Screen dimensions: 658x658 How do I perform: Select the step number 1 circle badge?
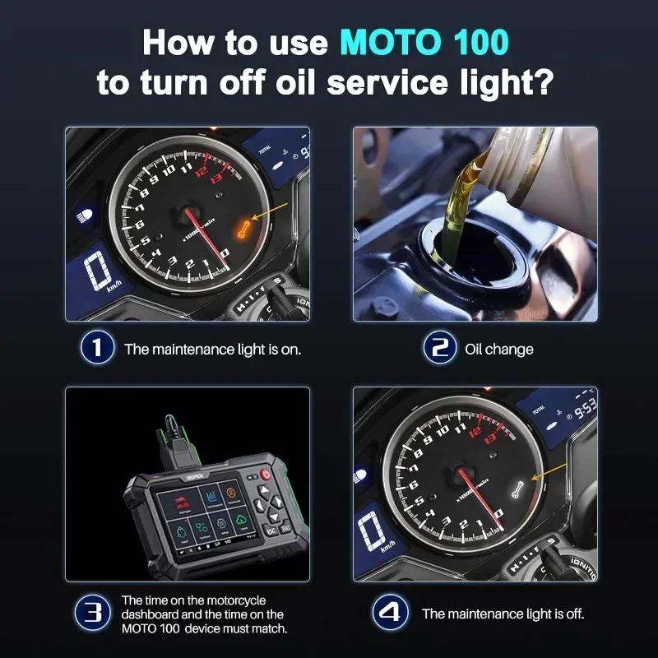pyautogui.click(x=97, y=348)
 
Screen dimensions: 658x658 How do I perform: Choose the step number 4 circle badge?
pyautogui.click(x=388, y=613)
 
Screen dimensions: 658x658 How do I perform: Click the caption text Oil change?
pyautogui.click(x=499, y=349)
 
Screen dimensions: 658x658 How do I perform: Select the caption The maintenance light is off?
pyautogui.click(x=503, y=614)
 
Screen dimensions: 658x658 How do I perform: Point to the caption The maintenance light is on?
pyautogui.click(x=212, y=349)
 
